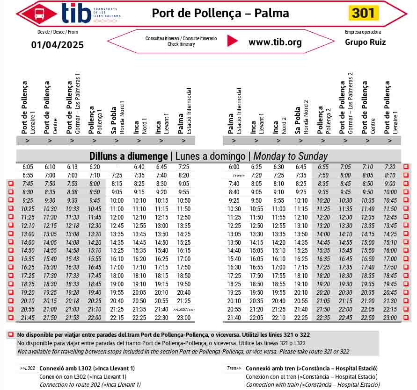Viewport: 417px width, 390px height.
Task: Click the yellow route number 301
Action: click(x=363, y=13)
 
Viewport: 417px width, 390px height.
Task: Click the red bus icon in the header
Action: click(x=40, y=13)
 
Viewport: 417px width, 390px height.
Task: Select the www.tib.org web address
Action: click(x=275, y=42)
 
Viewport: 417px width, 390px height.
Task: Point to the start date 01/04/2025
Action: click(x=58, y=45)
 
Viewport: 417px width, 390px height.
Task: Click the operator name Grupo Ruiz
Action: click(x=365, y=42)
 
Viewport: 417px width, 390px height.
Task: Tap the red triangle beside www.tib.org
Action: click(x=232, y=41)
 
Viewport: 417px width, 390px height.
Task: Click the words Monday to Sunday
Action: click(x=290, y=156)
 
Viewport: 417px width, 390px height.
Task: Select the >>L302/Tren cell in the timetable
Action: click(x=184, y=310)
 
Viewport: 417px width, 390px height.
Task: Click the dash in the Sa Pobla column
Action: click(x=117, y=167)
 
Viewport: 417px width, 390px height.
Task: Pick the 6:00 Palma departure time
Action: click(x=234, y=167)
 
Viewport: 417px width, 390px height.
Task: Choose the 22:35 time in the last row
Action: click(x=323, y=318)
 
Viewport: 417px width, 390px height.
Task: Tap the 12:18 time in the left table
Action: click(x=72, y=226)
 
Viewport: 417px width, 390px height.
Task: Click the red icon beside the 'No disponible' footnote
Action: click(x=11, y=335)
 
